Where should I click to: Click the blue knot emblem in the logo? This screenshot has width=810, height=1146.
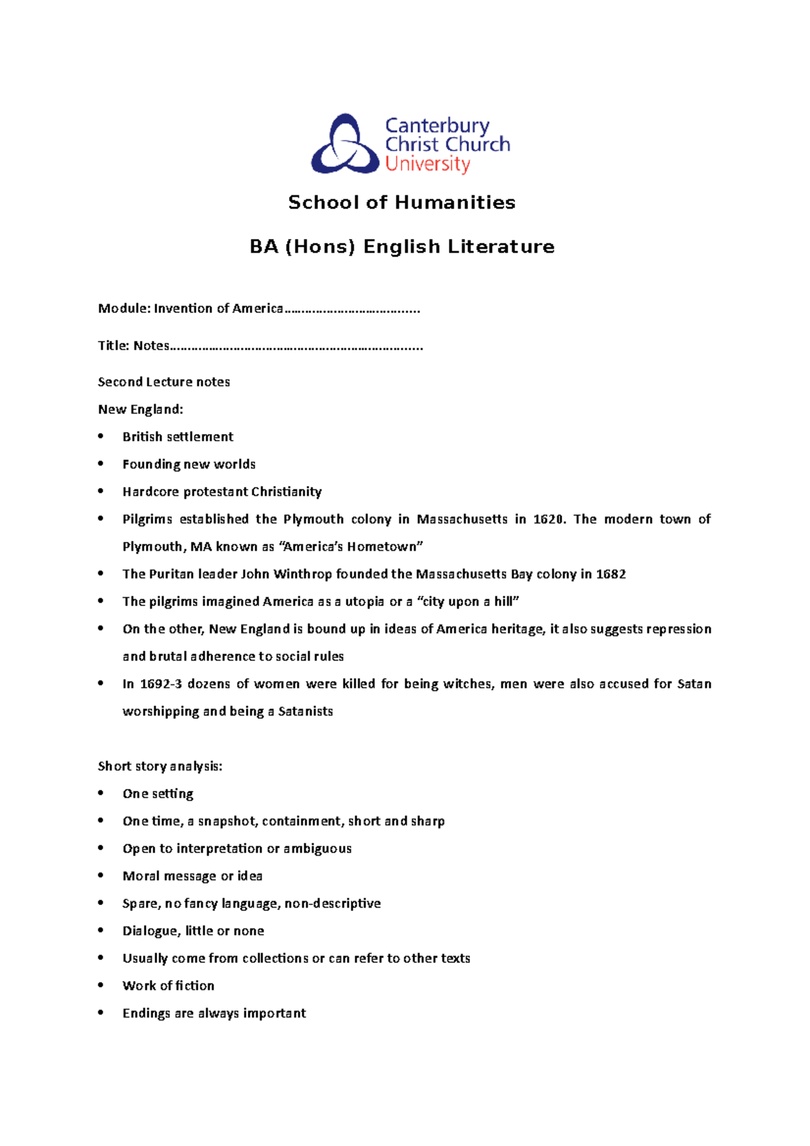344,144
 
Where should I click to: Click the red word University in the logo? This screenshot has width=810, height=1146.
427,164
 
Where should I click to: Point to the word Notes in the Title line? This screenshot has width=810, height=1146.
151,346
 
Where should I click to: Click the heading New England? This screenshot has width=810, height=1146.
140,409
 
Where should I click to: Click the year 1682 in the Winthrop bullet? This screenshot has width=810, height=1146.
611,574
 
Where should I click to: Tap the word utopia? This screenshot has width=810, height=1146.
364,601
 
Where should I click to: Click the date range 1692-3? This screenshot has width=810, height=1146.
161,684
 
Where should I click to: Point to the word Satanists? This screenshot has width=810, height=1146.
305,711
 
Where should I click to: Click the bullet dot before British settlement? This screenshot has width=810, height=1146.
101,436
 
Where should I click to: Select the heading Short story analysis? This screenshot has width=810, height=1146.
160,766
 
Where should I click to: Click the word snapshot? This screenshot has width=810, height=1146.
227,821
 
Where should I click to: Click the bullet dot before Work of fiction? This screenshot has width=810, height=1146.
101,985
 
